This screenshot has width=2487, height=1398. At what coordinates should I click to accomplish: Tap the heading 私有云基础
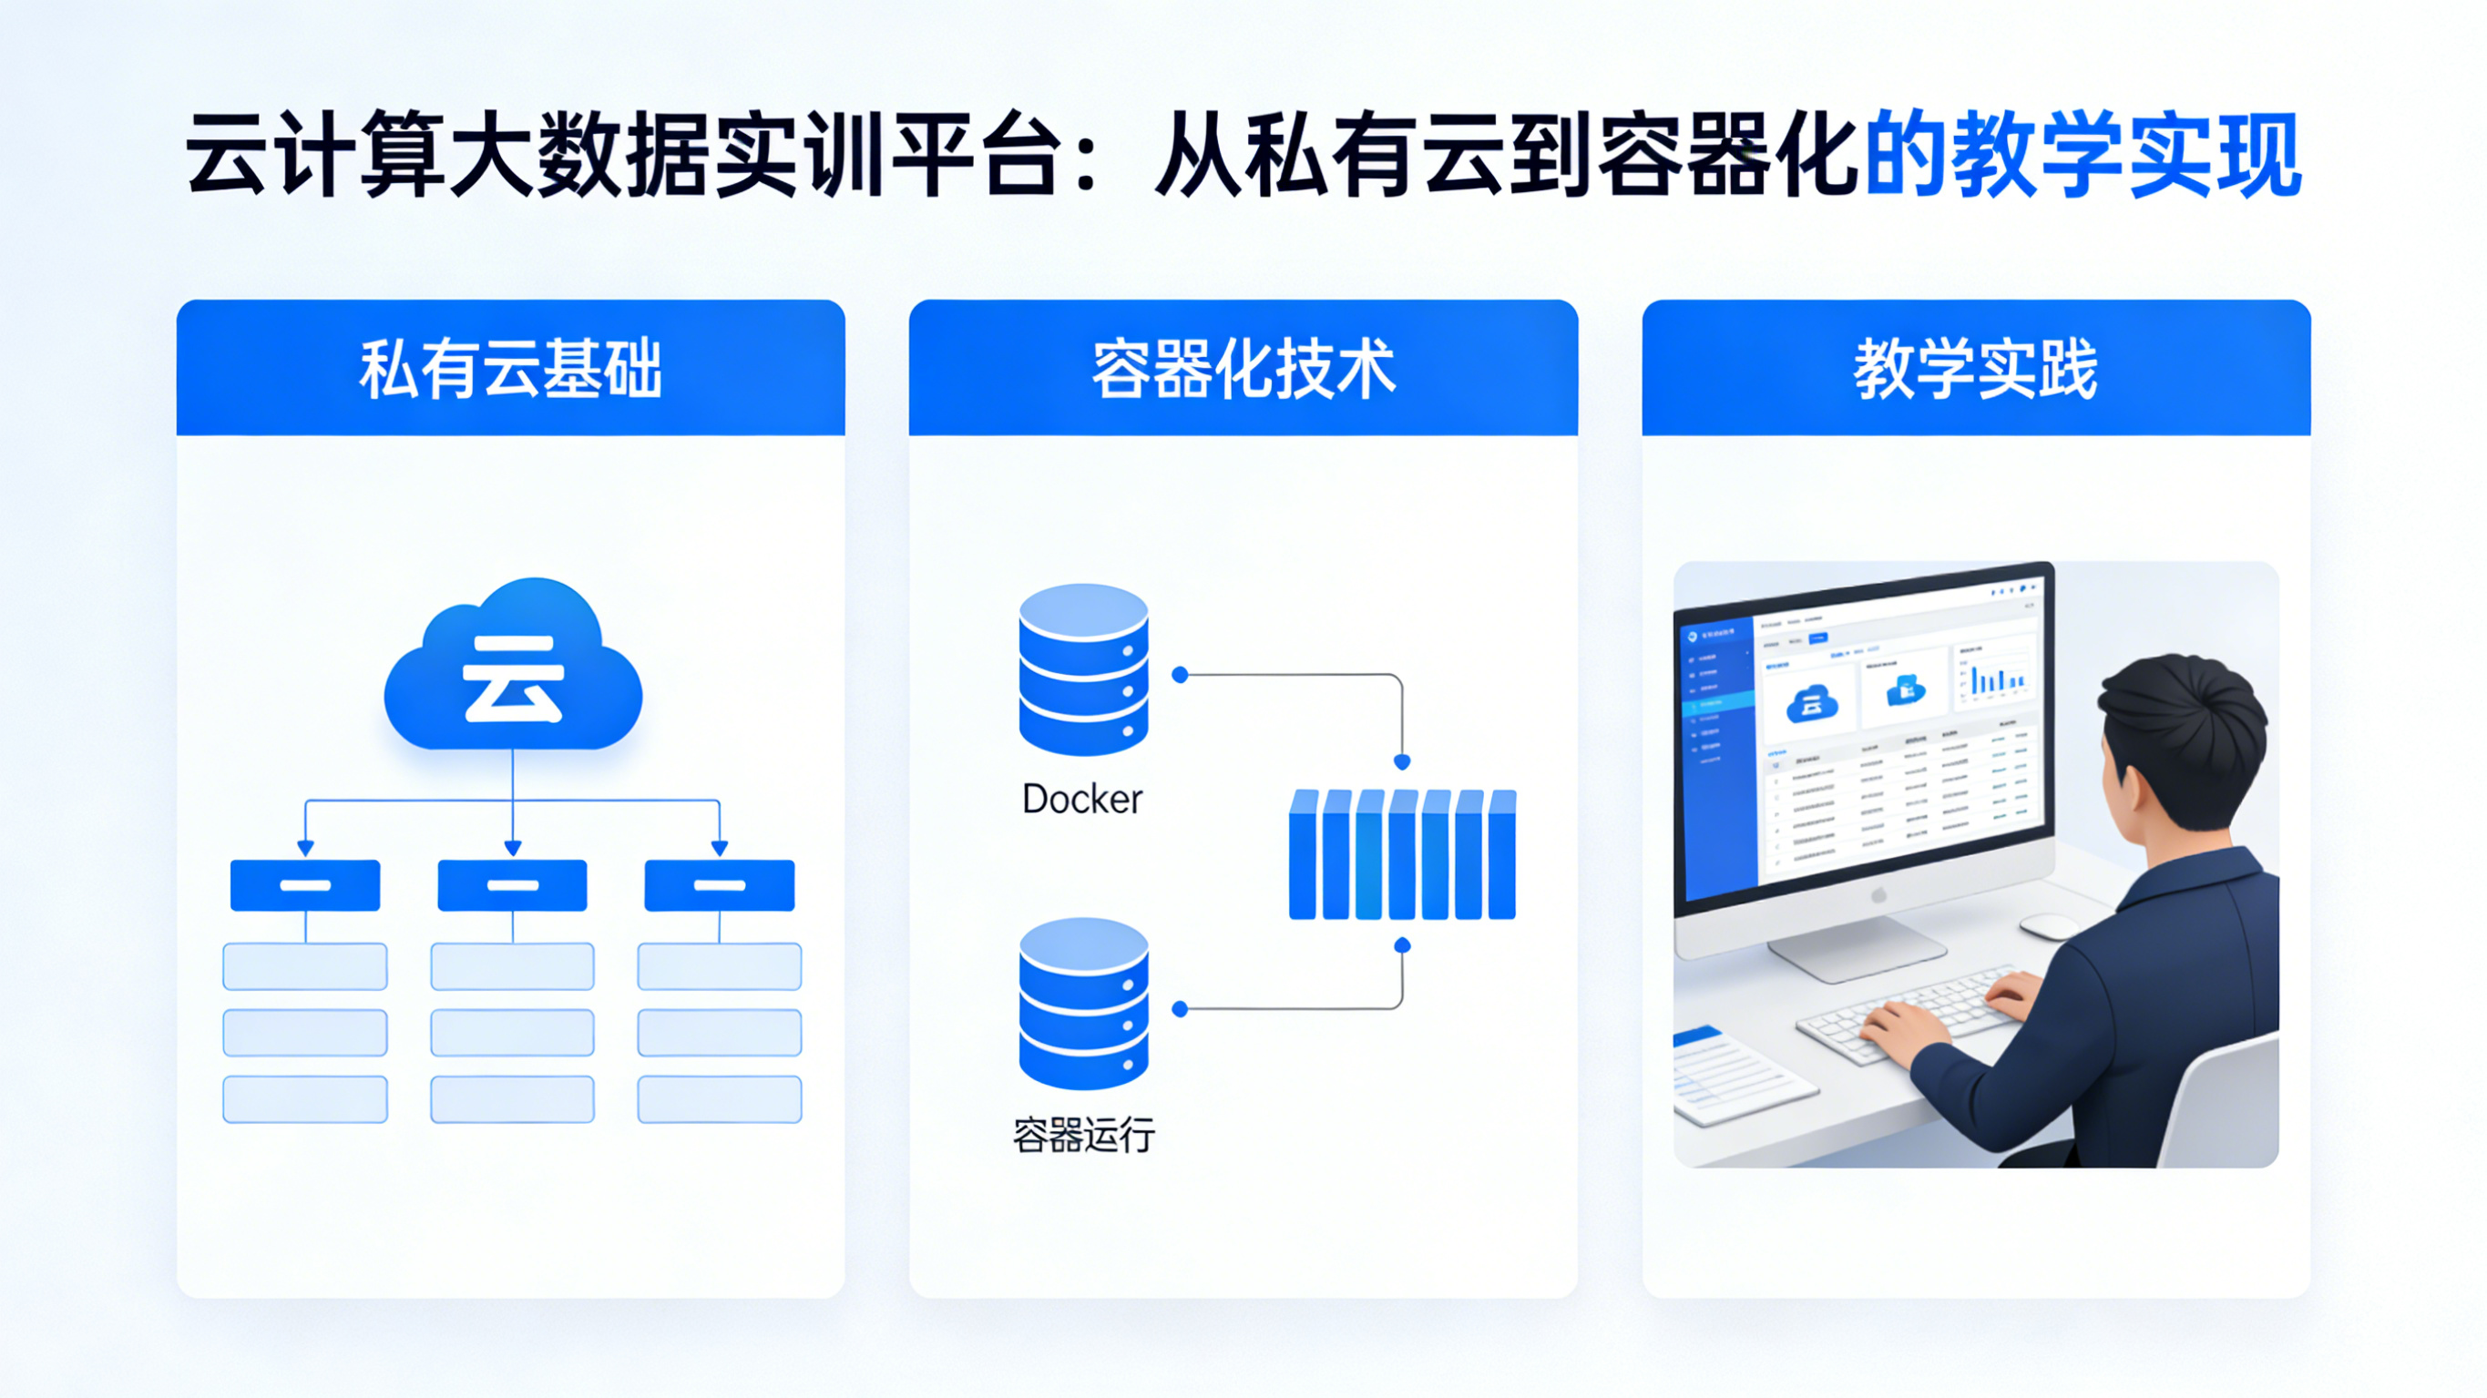tap(511, 369)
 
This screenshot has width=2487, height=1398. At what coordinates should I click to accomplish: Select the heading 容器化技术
tap(1243, 369)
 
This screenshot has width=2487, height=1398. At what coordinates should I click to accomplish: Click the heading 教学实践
tap(1975, 369)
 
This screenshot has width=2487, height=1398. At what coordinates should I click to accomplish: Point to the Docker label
tap(1082, 800)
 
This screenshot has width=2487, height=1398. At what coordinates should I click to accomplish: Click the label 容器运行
tap(1083, 1136)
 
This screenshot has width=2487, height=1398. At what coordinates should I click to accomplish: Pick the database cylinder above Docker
tap(1083, 669)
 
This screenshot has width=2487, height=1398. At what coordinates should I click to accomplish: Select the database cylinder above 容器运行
tap(1083, 1003)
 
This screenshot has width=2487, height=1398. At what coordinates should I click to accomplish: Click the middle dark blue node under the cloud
tap(513, 885)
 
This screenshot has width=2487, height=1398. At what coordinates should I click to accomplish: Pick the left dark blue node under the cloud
tap(305, 885)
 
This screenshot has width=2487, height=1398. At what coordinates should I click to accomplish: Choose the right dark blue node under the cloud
tap(720, 885)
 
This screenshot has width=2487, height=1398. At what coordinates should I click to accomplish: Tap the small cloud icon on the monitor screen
tap(1811, 703)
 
